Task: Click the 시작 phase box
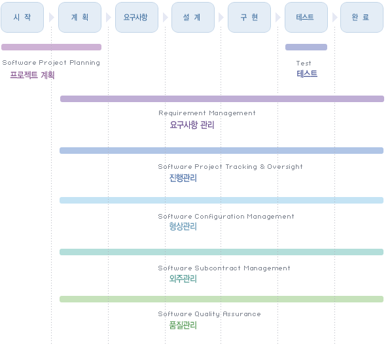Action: pyautogui.click(x=22, y=17)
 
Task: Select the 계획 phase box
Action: pyautogui.click(x=80, y=17)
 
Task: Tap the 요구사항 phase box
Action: pyautogui.click(x=137, y=17)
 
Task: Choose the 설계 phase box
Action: pyautogui.click(x=193, y=17)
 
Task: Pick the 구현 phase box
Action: pyautogui.click(x=249, y=17)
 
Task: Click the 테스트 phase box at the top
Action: pyautogui.click(x=306, y=17)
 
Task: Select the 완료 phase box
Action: pyautogui.click(x=362, y=17)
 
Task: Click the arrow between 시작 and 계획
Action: pyautogui.click(x=52, y=18)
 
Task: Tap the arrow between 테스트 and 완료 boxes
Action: pyautogui.click(x=335, y=18)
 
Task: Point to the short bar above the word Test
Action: pyautogui.click(x=306, y=47)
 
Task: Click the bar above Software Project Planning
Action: pyautogui.click(x=51, y=47)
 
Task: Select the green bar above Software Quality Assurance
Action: pyautogui.click(x=221, y=299)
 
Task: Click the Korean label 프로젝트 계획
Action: pyautogui.click(x=32, y=75)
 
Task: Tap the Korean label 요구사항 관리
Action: pyautogui.click(x=192, y=125)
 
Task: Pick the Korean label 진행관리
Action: pyautogui.click(x=183, y=178)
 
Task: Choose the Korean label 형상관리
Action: pyautogui.click(x=183, y=226)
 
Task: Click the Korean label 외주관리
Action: pyautogui.click(x=183, y=278)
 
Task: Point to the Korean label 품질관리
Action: pyautogui.click(x=183, y=325)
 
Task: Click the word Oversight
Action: pyautogui.click(x=285, y=167)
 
